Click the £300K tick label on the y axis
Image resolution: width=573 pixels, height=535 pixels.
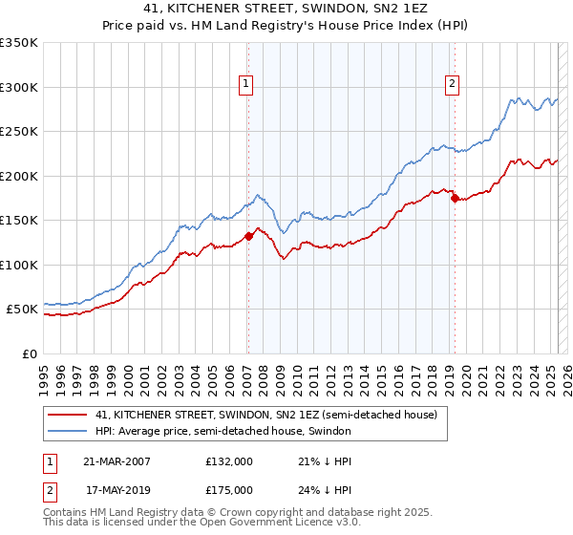click(x=19, y=87)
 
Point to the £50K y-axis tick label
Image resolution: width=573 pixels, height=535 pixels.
click(x=22, y=310)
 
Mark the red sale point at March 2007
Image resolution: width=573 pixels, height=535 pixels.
click(x=248, y=236)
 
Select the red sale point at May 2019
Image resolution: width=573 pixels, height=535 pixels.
click(x=455, y=199)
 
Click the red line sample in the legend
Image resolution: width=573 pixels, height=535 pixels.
click(x=67, y=416)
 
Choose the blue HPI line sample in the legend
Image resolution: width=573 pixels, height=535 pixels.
click(x=67, y=432)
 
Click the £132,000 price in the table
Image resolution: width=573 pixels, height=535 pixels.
click(x=229, y=460)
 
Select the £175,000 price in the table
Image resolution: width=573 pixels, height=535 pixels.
click(x=229, y=490)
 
